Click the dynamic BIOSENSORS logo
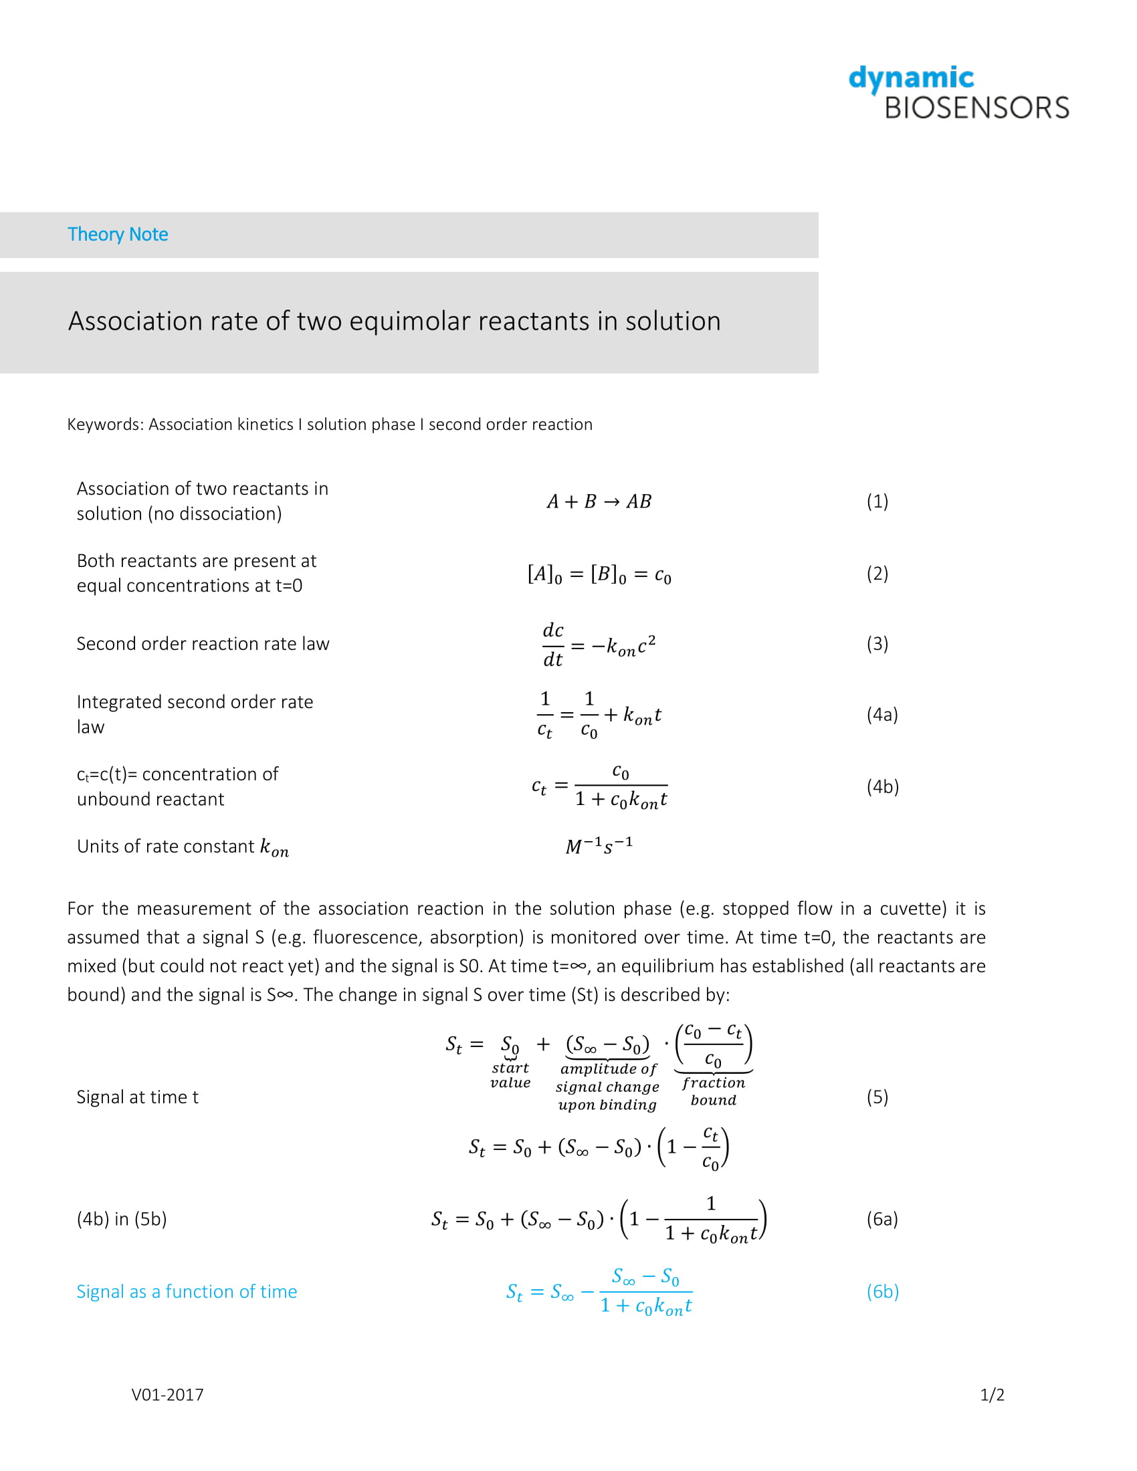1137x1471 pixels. click(x=958, y=94)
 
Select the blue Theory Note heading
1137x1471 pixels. click(x=118, y=235)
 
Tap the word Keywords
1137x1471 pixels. click(x=104, y=425)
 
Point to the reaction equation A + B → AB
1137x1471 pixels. click(x=599, y=501)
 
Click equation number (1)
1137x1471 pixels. click(x=877, y=501)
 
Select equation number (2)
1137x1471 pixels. click(x=877, y=573)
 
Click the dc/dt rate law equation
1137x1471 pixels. click(x=599, y=645)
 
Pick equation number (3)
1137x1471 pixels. click(x=877, y=644)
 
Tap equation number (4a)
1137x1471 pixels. click(x=882, y=715)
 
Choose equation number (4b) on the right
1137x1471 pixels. click(x=882, y=787)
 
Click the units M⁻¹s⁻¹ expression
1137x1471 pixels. click(x=599, y=846)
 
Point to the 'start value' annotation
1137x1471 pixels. click(x=510, y=1075)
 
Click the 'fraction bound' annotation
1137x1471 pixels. click(x=714, y=1091)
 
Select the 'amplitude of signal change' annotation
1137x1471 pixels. click(x=607, y=1087)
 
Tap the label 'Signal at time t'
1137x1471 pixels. click(x=137, y=1097)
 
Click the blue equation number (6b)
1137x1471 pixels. click(x=882, y=1291)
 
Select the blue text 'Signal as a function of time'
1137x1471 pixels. click(x=187, y=1291)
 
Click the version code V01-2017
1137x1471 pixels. click(x=167, y=1394)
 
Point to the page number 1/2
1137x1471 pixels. click(x=991, y=1394)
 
